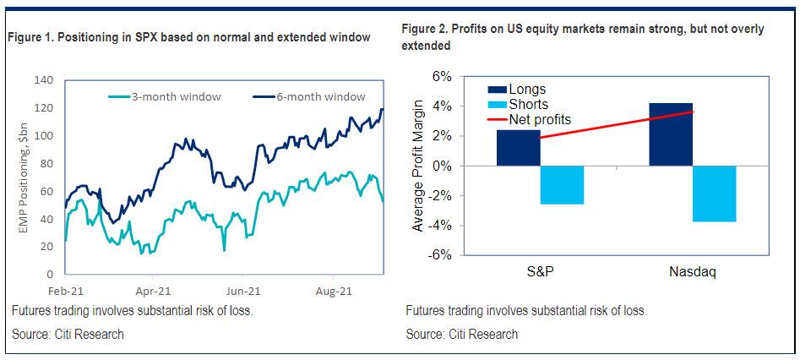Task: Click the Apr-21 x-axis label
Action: click(154, 290)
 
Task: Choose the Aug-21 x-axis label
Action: click(333, 290)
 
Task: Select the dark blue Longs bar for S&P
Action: click(518, 148)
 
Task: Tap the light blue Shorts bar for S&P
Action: click(562, 185)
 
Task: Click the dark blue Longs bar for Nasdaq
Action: click(672, 134)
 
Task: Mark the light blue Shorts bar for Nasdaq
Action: click(715, 194)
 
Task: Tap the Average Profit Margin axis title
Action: click(418, 166)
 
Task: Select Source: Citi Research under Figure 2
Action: click(461, 334)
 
